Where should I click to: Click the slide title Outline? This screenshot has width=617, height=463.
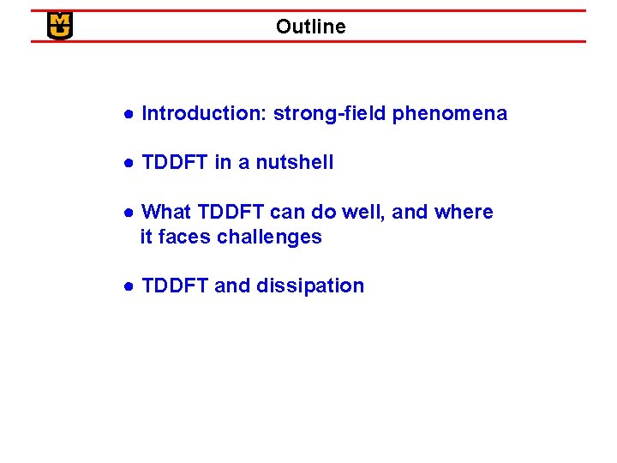(310, 27)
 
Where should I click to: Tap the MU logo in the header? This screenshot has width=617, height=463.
(60, 26)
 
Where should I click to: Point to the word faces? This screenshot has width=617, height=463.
(184, 237)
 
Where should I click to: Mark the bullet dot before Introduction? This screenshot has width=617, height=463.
(127, 114)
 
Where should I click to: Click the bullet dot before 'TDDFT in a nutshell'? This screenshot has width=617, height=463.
(127, 163)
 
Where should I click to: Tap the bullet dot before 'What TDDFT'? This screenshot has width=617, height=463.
(127, 213)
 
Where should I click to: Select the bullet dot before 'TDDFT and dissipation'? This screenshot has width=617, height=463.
(127, 286)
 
